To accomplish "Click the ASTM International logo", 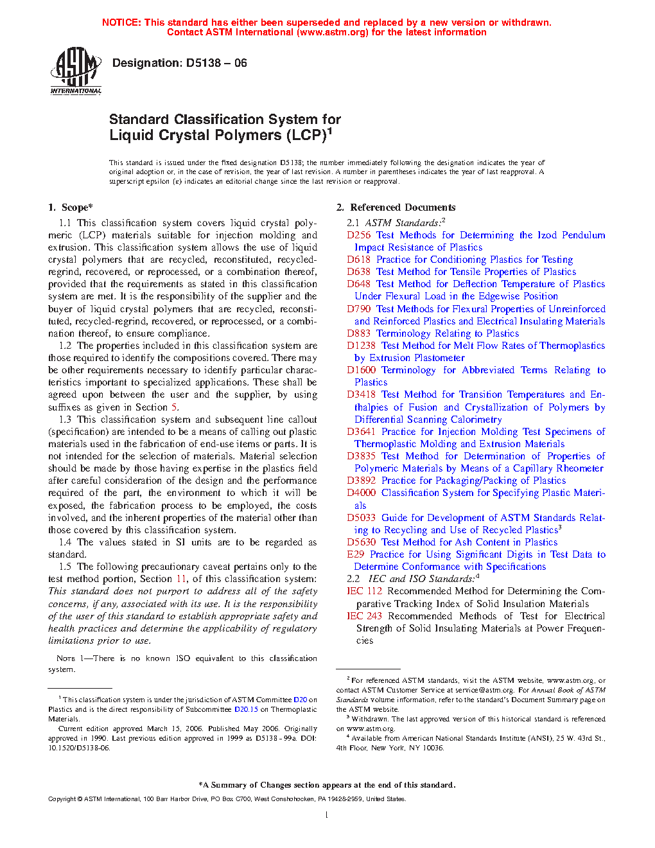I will click(76, 70).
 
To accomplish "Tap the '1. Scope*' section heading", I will click(70, 208).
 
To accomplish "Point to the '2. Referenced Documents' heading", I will click(396, 208).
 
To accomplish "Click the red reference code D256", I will click(359, 235).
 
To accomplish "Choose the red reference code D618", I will click(359, 260).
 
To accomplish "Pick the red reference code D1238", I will click(361, 346).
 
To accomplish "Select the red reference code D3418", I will click(361, 394).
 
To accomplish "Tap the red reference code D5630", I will click(361, 542).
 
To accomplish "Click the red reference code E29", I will click(356, 554).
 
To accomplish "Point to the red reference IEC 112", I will click(364, 591).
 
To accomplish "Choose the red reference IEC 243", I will click(364, 616).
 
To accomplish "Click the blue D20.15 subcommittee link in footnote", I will click(246, 709).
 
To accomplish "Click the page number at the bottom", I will click(327, 815).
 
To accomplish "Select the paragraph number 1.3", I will click(65, 420).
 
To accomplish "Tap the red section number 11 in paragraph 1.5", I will click(181, 579).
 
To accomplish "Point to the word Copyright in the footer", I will click(62, 799).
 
